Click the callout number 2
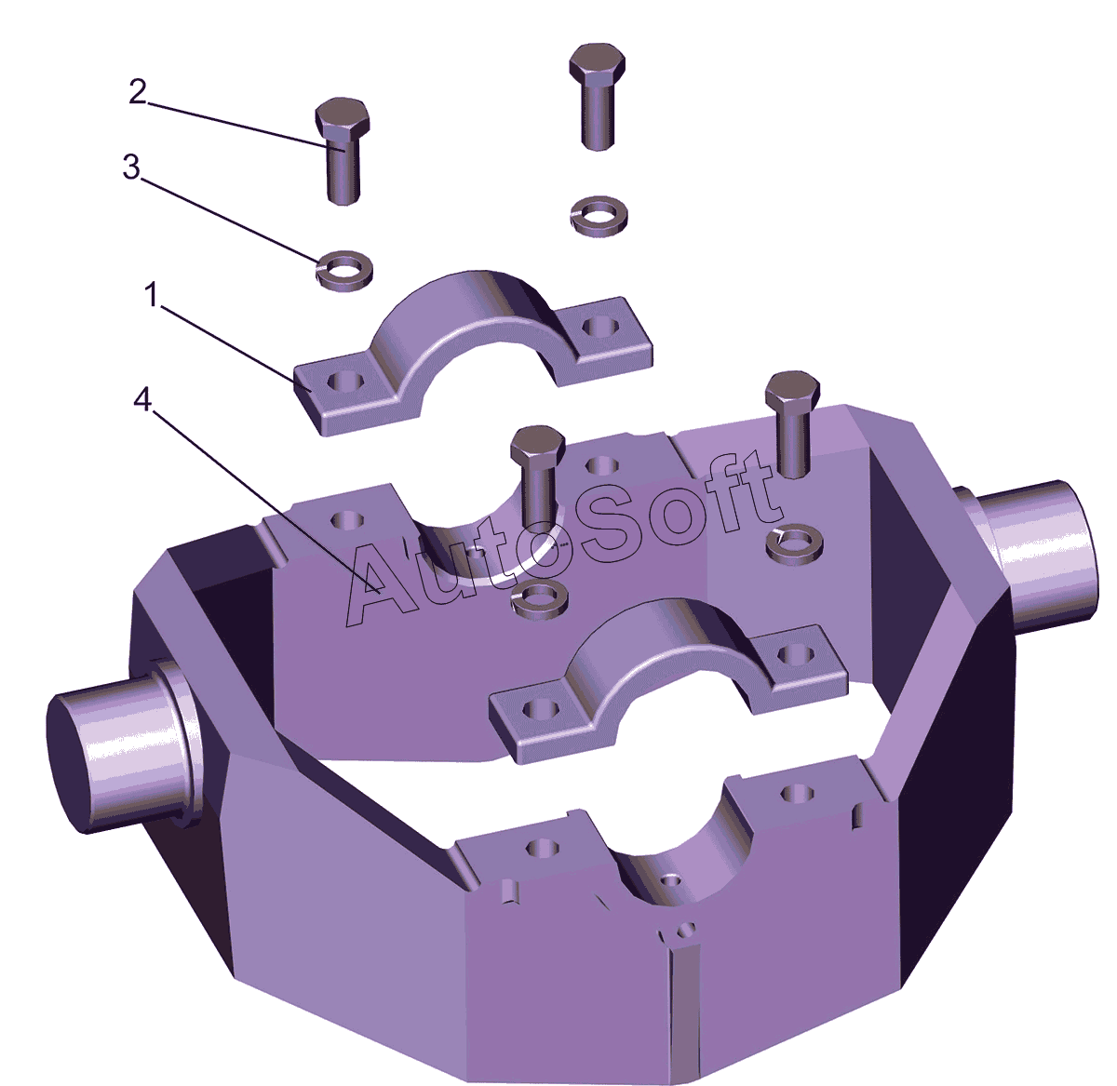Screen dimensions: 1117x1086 (x=137, y=92)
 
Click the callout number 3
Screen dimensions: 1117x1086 (x=131, y=167)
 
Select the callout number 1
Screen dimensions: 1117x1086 (x=151, y=296)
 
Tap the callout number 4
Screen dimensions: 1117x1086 (x=142, y=399)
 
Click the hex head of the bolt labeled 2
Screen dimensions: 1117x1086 (x=343, y=117)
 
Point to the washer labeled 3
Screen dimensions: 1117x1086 (x=343, y=270)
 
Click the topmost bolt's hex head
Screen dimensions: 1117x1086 (x=597, y=62)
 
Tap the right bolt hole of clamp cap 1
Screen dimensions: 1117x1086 (x=601, y=327)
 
